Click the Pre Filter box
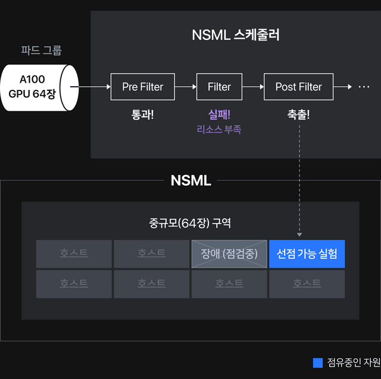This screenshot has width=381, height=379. pos(142,87)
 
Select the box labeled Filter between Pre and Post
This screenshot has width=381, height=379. pos(219,87)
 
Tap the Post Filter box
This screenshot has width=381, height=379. pos(298,87)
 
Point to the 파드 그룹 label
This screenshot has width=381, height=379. pos(41,51)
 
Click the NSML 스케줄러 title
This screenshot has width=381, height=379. pos(236,35)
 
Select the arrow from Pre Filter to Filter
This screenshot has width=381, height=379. pos(186,87)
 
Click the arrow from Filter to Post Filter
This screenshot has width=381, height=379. pos(253,87)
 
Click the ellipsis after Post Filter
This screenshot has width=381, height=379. pos(364,87)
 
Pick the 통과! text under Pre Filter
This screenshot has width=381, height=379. pos(142,114)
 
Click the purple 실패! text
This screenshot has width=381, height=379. pos(219,114)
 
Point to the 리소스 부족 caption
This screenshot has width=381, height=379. pos(219,129)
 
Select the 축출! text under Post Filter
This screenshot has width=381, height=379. pos(298,114)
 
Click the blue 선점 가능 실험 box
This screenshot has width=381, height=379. pos(307,254)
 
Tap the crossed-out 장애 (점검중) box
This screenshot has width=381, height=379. pos(229,254)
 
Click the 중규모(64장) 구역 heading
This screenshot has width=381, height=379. pos(190,223)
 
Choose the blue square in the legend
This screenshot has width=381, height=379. pos(318,362)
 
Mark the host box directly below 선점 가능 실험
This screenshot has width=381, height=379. pos(307,284)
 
